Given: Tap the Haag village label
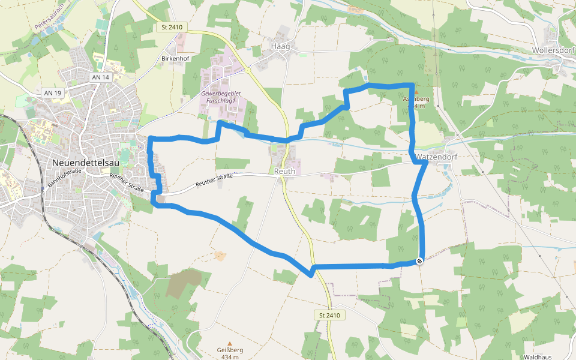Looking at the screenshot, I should click(x=280, y=46).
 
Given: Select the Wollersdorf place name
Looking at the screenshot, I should click(x=553, y=50).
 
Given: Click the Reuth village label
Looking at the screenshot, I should click(x=285, y=172).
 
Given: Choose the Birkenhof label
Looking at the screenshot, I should click(x=176, y=59).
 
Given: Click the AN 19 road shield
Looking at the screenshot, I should click(x=53, y=93).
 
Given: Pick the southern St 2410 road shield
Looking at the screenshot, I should click(x=330, y=315).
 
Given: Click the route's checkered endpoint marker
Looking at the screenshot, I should click(x=419, y=260).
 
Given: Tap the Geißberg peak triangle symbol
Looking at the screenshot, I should click(x=229, y=344).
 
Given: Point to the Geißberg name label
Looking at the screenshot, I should click(x=230, y=350).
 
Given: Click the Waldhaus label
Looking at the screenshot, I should click(x=537, y=357).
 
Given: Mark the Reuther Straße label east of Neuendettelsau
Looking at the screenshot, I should click(x=214, y=181).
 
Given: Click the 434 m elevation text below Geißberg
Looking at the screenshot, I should click(x=230, y=358).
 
